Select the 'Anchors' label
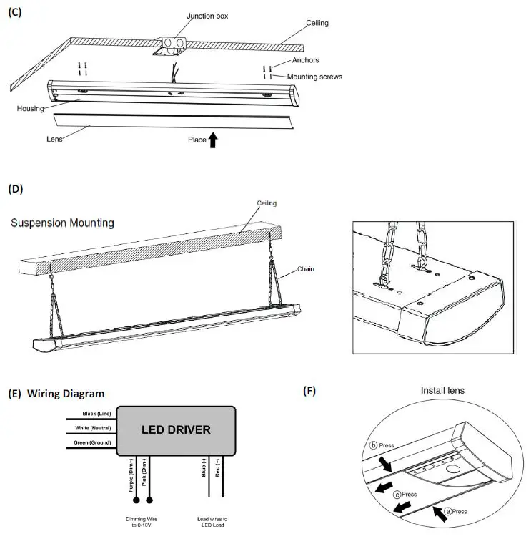(x=304, y=61)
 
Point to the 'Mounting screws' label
(x=314, y=77)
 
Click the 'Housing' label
(x=30, y=109)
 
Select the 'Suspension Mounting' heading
(x=62, y=223)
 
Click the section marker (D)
(x=15, y=190)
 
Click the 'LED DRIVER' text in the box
(x=175, y=429)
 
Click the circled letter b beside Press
(x=372, y=444)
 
